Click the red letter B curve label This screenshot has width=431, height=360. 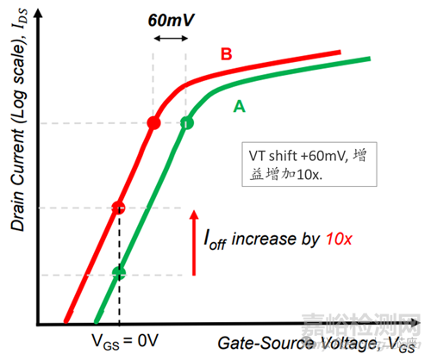227,55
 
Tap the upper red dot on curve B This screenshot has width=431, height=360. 153,123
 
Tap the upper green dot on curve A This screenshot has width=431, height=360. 186,123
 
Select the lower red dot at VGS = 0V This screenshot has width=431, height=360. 119,208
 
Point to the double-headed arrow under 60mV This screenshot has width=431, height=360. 170,39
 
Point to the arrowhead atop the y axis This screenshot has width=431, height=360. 38,9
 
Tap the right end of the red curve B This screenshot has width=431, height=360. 339,53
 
